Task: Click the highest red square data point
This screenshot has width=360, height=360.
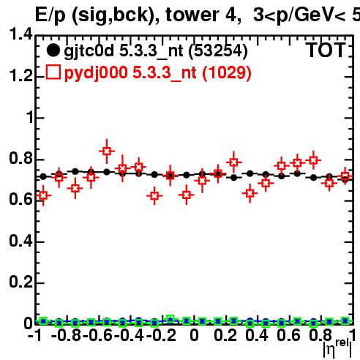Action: coord(107,151)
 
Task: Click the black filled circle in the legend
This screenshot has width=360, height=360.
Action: coord(53,50)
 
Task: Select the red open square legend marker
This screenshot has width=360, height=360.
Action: coord(53,72)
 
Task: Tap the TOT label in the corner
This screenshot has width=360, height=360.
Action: coord(326,50)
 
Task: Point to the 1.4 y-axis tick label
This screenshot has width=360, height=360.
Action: coord(20,34)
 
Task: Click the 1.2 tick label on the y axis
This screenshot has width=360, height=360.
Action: coord(20,75)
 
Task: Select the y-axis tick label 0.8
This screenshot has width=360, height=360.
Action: coord(20,158)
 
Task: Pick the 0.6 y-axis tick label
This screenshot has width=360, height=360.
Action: coord(20,199)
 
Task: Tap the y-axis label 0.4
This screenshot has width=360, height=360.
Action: coord(20,241)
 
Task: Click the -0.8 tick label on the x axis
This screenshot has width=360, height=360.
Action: coord(67,335)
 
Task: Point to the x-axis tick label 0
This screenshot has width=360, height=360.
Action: coord(194,335)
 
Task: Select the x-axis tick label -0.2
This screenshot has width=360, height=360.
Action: coord(162,335)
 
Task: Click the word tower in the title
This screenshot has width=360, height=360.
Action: coord(192,15)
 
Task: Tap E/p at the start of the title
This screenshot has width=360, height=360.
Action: coord(50,15)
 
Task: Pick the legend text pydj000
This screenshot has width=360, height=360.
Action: coord(96,73)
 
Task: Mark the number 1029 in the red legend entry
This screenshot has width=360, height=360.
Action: coord(227,72)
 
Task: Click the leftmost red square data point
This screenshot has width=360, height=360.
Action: coord(43,195)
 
